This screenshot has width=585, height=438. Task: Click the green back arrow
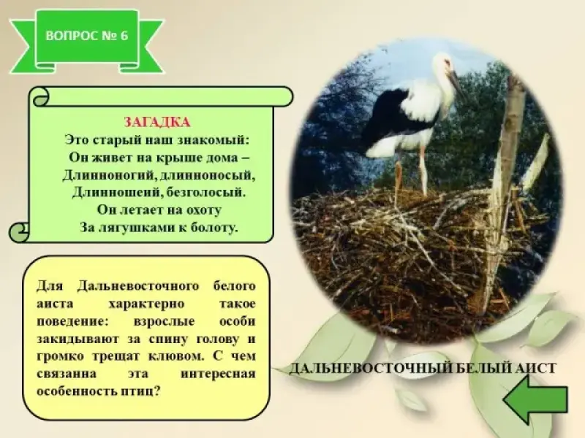pos(535,399)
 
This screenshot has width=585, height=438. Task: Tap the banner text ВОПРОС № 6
pos(87,36)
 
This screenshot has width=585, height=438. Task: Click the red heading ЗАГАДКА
pos(157,122)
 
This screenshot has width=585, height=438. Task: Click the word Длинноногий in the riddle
pos(108,175)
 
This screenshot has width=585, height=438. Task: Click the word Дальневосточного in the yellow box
pos(138,286)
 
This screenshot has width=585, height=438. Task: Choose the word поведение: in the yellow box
pos(72,321)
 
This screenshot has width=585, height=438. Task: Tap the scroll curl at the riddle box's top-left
pos(41,97)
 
